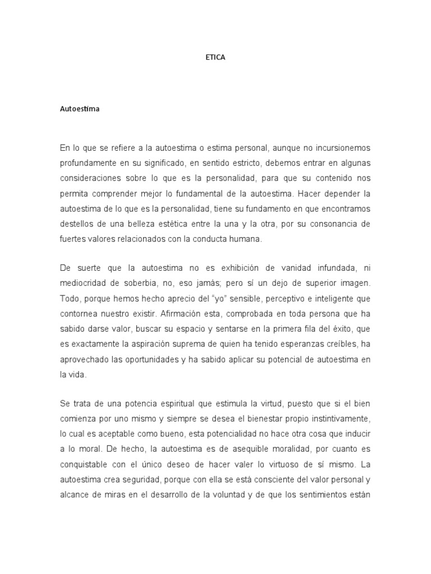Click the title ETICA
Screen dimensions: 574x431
pos(215,57)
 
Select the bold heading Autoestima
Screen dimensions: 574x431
pos(80,109)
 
